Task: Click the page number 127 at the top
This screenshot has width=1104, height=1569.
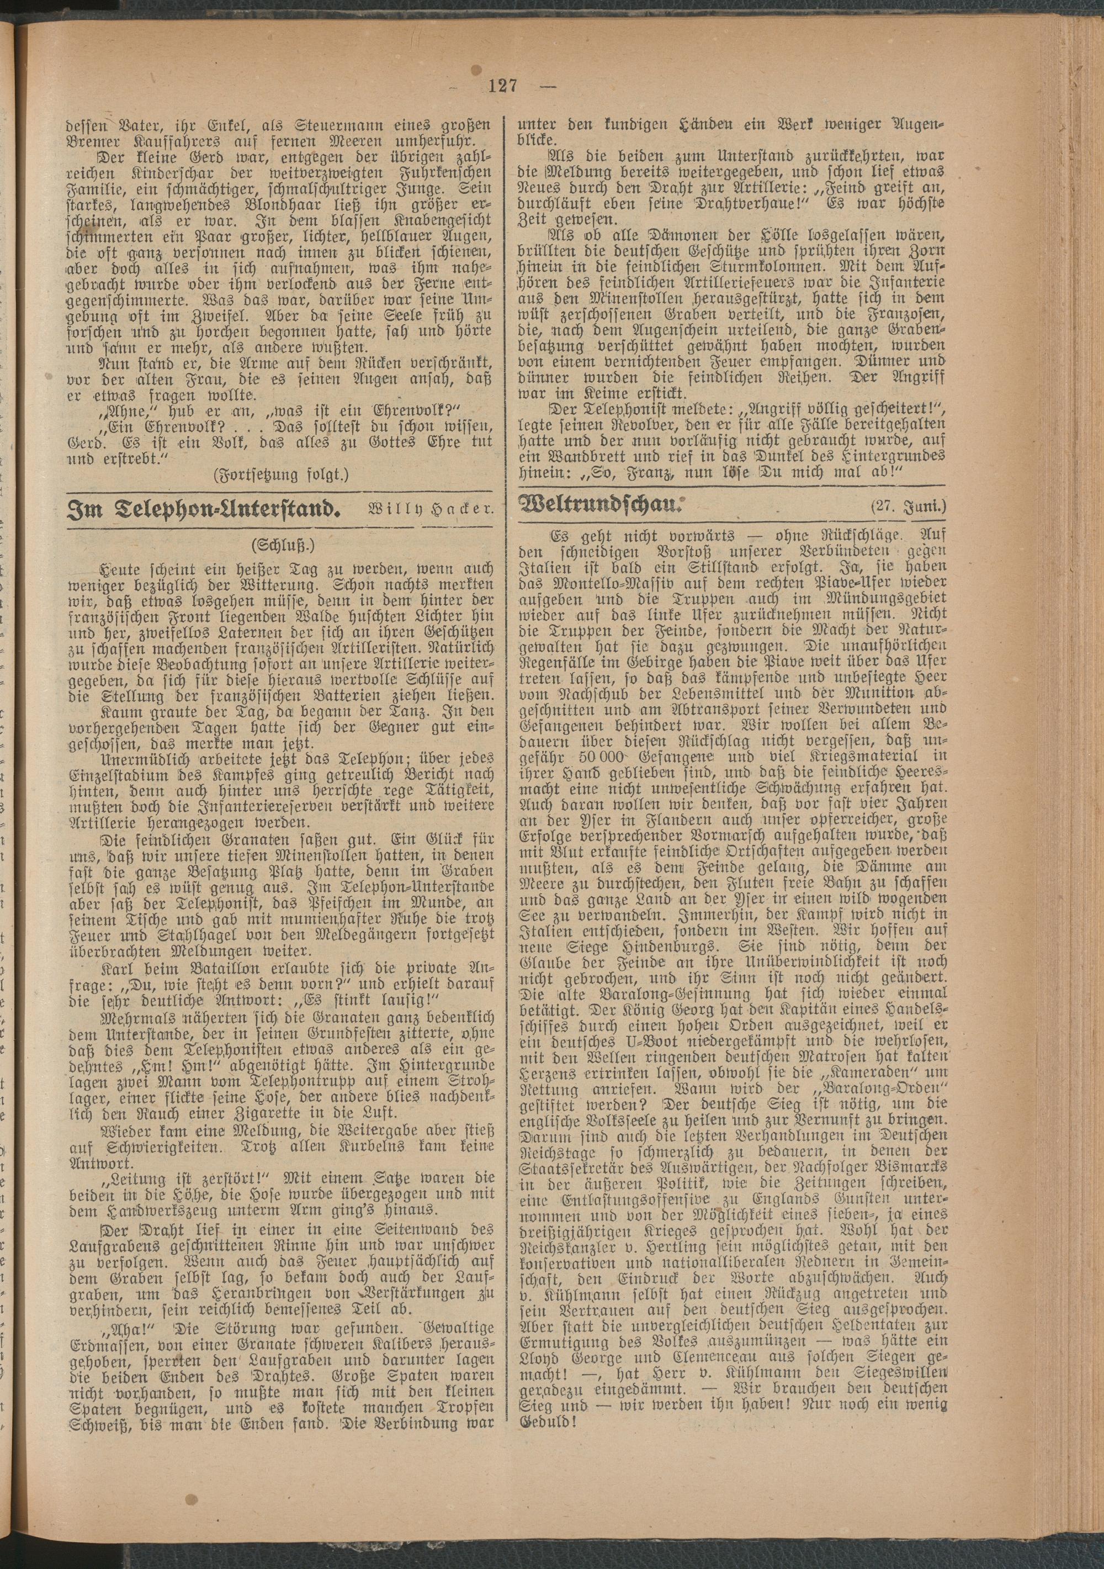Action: (x=503, y=86)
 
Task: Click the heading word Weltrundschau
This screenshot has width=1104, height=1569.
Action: (x=601, y=507)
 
